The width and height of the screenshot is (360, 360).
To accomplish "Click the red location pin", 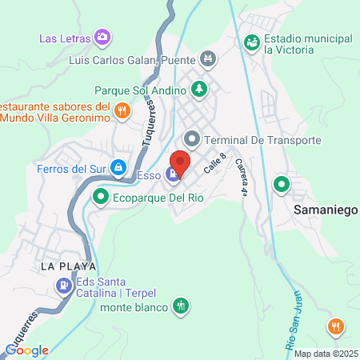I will pyautogui.click(x=180, y=164).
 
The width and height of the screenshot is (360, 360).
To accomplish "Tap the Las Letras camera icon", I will pyautogui.click(x=102, y=37).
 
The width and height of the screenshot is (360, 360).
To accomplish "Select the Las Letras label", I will pyautogui.click(x=65, y=37).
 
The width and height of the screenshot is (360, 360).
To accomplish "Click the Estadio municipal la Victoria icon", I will pyautogui.click(x=252, y=41).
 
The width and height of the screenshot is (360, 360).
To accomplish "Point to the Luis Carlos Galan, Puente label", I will pyautogui.click(x=143, y=58).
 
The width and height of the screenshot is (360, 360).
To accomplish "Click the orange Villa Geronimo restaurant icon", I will pyautogui.click(x=122, y=111).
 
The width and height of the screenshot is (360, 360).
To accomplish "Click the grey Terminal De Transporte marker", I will pyautogui.click(x=190, y=140).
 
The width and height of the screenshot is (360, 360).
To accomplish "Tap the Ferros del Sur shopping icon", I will pyautogui.click(x=118, y=167).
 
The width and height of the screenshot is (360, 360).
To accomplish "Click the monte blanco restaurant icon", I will pyautogui.click(x=182, y=306).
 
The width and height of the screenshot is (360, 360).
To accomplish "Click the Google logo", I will pyautogui.click(x=26, y=350).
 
